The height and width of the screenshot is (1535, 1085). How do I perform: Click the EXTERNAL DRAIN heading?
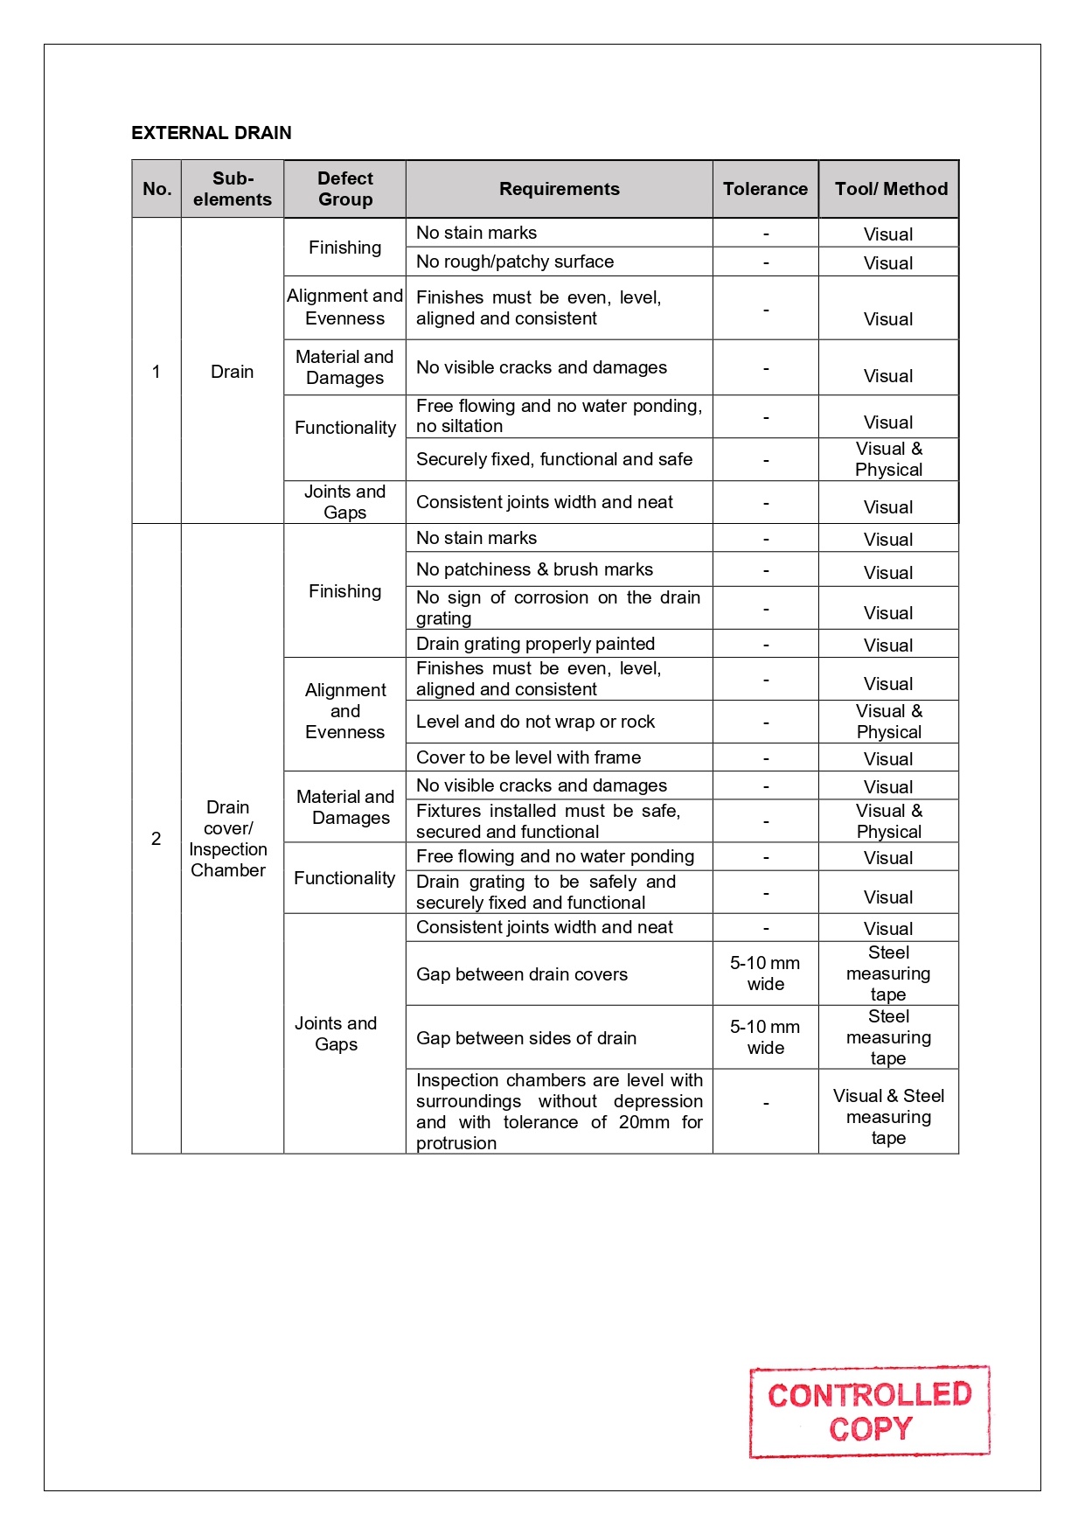tap(212, 133)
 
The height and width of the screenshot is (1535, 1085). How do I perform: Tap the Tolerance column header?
tap(765, 189)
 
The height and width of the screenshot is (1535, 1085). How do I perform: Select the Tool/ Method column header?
tap(891, 189)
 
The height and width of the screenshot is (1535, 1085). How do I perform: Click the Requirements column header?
tap(559, 189)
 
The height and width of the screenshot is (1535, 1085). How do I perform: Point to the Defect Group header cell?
tap(345, 189)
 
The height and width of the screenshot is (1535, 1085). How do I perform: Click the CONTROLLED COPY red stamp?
tap(870, 1412)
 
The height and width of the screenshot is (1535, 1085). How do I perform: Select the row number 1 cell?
tap(156, 372)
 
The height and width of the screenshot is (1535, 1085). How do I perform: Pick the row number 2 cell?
tap(156, 839)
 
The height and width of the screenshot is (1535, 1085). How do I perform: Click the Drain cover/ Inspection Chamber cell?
tap(228, 839)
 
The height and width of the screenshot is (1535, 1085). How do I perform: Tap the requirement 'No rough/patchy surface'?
tap(515, 262)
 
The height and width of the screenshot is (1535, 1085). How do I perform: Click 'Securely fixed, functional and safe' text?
tap(554, 459)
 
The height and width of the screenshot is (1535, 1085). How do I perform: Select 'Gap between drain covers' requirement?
tap(522, 974)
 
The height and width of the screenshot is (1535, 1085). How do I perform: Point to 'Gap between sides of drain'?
tap(526, 1038)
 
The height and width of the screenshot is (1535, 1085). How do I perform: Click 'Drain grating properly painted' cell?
tap(535, 644)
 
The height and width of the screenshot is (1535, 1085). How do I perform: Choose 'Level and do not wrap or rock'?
tap(535, 722)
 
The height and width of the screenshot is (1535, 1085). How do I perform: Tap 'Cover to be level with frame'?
tap(528, 757)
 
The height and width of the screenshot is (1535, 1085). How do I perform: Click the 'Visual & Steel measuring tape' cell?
tap(888, 1117)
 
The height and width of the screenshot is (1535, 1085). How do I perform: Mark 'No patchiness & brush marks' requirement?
tap(534, 569)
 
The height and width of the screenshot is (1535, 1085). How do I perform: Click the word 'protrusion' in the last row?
tap(456, 1143)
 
